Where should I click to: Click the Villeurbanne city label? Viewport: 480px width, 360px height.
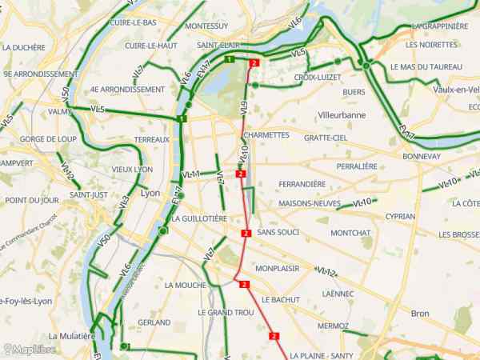[x=342, y=115]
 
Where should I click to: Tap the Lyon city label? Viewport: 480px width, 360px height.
[x=150, y=193]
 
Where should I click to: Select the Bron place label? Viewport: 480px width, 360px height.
[x=420, y=313]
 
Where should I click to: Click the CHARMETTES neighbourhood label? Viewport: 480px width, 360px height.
[x=267, y=135]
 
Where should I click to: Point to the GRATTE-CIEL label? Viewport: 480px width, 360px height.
[x=326, y=138]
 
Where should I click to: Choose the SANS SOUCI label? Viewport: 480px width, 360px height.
[x=279, y=231]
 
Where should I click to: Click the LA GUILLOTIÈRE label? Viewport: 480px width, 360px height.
[x=200, y=218]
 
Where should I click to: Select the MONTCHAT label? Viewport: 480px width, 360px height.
[x=350, y=233]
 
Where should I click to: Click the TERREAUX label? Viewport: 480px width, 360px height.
[x=152, y=139]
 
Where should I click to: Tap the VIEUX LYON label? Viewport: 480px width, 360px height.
[x=132, y=169]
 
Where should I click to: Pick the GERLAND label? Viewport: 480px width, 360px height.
[x=154, y=322]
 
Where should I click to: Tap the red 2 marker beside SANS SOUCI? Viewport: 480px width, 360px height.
[x=246, y=234]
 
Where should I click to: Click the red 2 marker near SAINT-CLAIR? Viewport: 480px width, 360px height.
[x=254, y=63]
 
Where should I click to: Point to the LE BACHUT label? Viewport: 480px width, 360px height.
[x=280, y=299]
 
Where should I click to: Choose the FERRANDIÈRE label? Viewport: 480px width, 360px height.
[x=302, y=183]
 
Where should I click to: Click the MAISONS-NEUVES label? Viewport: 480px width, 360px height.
[x=305, y=203]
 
